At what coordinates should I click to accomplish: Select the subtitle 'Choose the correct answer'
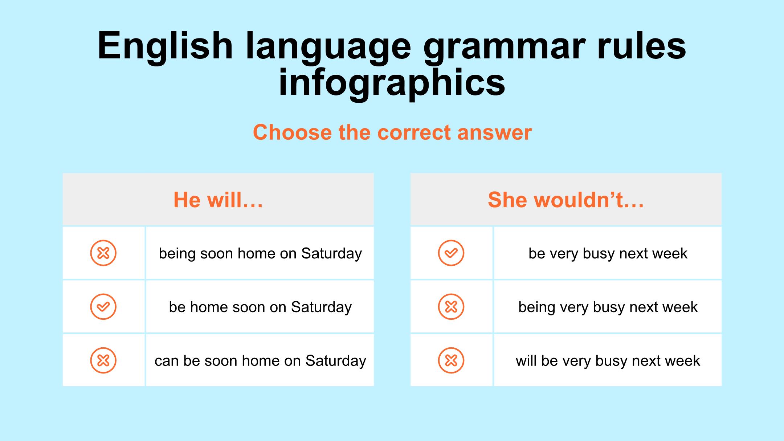[392, 132]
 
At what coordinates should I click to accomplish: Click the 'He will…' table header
[218, 200]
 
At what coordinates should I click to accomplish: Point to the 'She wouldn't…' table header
[566, 200]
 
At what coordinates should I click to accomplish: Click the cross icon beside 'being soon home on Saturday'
[103, 253]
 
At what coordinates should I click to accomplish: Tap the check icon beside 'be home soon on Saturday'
[103, 307]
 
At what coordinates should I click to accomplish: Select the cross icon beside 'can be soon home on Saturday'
[103, 360]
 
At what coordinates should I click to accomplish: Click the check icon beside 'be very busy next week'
[451, 253]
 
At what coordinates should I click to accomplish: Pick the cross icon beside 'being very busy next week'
[451, 307]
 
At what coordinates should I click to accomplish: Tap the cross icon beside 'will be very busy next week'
[451, 360]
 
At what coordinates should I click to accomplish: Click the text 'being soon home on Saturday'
[260, 254]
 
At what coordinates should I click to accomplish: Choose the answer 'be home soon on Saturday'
[260, 307]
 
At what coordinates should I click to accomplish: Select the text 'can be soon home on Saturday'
[260, 361]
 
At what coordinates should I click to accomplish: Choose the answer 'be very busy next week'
[608, 254]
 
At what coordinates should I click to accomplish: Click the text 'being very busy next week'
[608, 307]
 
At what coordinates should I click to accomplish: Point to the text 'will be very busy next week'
[608, 361]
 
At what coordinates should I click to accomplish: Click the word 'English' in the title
[165, 46]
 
